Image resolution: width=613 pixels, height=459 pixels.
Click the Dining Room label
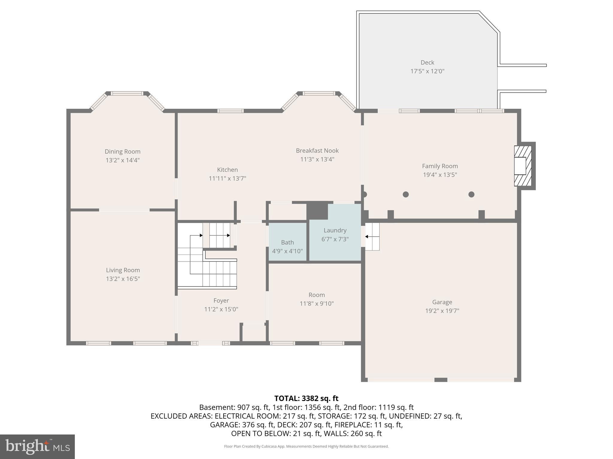pos(122,152)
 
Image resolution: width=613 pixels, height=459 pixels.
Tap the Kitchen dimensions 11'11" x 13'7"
pos(227,178)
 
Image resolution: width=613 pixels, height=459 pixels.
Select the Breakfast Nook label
pos(317,151)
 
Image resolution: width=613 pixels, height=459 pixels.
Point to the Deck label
pos(427,62)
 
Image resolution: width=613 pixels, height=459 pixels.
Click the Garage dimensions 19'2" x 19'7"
pos(442,311)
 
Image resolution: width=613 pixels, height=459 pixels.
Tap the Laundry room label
pos(335,230)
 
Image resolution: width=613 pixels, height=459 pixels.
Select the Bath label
pos(287,242)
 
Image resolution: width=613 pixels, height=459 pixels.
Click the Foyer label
pos(221,301)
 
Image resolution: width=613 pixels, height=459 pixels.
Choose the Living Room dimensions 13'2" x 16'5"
pos(123,279)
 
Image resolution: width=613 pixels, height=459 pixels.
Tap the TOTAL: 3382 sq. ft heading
pos(306,398)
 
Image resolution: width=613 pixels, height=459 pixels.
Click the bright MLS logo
pos(37,446)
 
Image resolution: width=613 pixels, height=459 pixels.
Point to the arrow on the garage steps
pos(366,237)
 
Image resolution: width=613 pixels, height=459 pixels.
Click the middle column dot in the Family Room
pos(406,195)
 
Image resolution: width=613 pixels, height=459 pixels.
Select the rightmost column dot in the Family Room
pos(471,195)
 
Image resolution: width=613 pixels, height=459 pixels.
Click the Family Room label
pos(440,166)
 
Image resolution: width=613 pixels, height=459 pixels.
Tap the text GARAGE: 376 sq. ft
pos(242,425)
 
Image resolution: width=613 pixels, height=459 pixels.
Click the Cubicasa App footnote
pos(306,446)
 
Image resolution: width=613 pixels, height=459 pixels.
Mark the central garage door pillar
pos(440,380)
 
